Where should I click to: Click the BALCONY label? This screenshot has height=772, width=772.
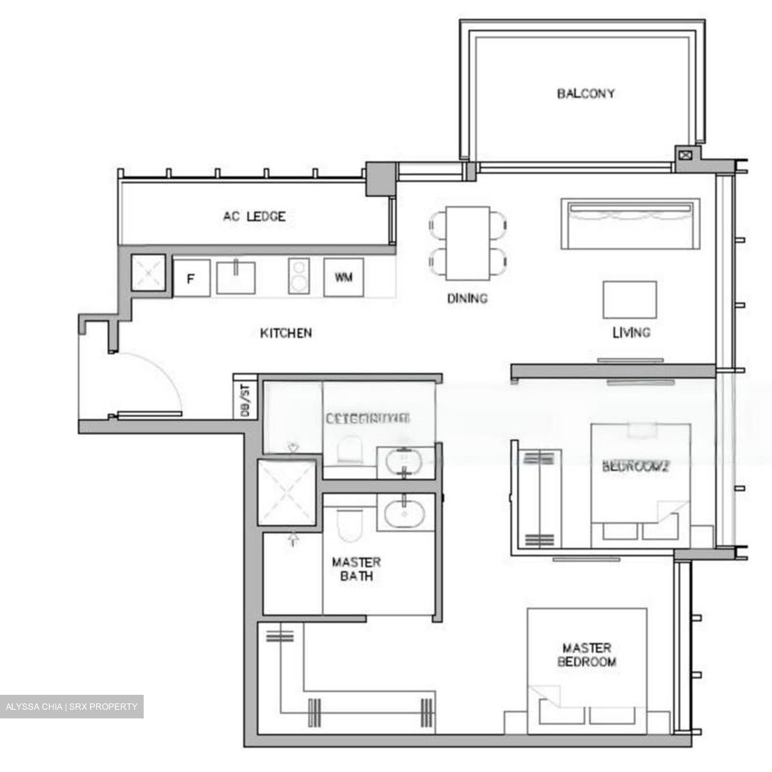(x=585, y=94)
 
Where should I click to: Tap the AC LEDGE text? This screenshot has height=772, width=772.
(x=254, y=217)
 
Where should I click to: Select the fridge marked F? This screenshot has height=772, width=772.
(x=191, y=278)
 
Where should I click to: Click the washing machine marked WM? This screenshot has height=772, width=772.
(x=344, y=277)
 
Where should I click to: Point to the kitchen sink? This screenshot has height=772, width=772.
(x=235, y=277)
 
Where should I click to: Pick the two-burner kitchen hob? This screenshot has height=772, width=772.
(x=299, y=276)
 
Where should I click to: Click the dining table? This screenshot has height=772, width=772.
(x=467, y=243)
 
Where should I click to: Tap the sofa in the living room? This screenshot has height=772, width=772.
(x=630, y=224)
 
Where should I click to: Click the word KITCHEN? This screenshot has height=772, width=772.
(x=286, y=333)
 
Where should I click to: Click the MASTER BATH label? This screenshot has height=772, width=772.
(x=356, y=569)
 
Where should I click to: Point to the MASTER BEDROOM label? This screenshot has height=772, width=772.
(x=587, y=655)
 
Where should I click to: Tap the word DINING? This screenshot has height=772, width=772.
(x=467, y=298)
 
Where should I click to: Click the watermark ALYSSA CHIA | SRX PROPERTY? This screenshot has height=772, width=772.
(x=71, y=707)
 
